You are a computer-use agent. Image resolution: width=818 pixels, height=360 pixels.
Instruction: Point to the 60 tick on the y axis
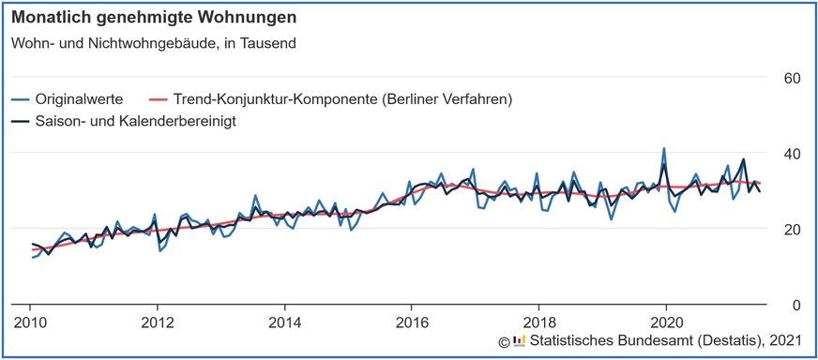(791, 77)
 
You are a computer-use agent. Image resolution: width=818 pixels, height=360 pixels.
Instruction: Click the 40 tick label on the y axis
(791, 153)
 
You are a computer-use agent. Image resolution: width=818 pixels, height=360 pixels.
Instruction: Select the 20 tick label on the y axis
(791, 229)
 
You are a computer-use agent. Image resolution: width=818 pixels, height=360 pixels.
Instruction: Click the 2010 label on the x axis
(29, 322)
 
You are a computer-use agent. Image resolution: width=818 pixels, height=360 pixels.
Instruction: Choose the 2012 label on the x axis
(157, 322)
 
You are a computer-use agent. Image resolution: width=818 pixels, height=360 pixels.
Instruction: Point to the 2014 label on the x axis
(283, 322)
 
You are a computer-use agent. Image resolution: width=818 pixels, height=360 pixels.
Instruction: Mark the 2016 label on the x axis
(411, 322)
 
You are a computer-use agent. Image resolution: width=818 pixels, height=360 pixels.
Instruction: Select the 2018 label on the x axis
(538, 322)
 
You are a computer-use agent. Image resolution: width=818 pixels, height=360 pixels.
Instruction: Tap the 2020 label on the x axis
(665, 322)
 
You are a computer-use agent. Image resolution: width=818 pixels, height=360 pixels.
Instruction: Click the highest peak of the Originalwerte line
(664, 148)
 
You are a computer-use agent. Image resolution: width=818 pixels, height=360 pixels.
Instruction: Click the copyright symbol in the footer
(503, 340)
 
